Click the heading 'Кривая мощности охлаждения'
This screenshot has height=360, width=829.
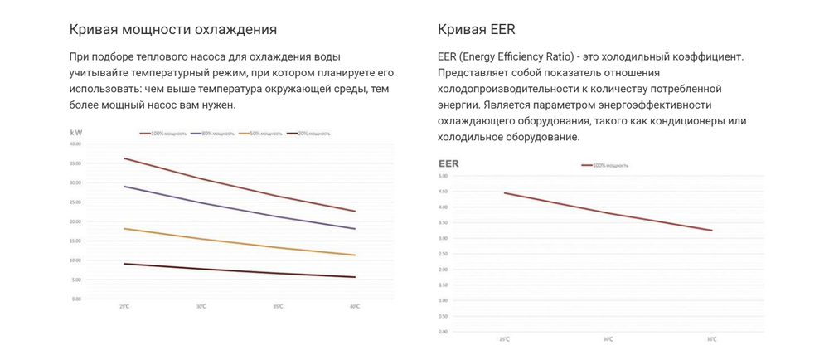click(172, 30)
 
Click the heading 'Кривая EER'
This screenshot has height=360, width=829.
click(476, 30)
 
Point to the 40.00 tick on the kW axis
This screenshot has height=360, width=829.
click(75, 144)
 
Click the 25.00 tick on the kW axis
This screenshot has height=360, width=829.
click(75, 202)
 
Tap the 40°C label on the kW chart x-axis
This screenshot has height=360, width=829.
click(354, 307)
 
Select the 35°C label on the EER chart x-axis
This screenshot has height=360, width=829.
click(711, 339)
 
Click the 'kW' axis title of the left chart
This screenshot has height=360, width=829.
click(77, 131)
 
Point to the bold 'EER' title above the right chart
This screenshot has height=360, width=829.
click(448, 164)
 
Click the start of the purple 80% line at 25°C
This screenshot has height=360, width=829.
click(124, 187)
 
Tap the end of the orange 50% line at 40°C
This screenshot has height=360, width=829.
click(355, 255)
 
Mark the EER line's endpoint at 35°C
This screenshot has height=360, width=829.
click(711, 231)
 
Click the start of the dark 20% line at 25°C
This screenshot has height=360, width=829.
click(124, 264)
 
